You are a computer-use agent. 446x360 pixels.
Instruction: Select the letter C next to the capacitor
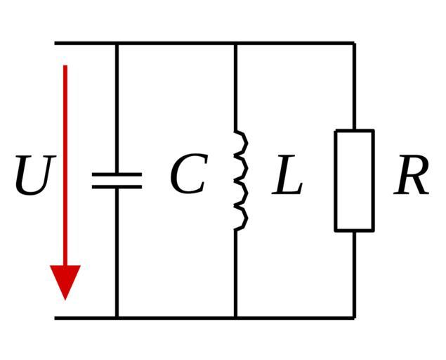pyautogui.click(x=188, y=176)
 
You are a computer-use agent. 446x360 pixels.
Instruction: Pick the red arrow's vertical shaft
pyautogui.click(x=65, y=162)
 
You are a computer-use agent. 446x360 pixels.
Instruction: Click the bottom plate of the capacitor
pyautogui.click(x=117, y=187)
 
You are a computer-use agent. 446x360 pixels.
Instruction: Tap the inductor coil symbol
pyautogui.click(x=240, y=180)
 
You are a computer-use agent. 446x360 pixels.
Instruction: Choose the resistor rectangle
pyautogui.click(x=354, y=180)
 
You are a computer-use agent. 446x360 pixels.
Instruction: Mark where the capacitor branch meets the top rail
pyautogui.click(x=117, y=44)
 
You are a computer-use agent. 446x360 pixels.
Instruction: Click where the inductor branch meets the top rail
pyautogui.click(x=235, y=44)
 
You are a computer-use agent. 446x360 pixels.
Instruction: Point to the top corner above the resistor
pyautogui.click(x=354, y=44)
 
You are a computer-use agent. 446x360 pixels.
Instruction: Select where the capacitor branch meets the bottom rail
pyautogui.click(x=117, y=317)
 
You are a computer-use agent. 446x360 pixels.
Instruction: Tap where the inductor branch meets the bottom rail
pyautogui.click(x=235, y=317)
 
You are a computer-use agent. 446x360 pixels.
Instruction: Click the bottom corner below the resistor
pyautogui.click(x=354, y=317)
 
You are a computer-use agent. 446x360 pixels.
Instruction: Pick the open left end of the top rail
pyautogui.click(x=56, y=44)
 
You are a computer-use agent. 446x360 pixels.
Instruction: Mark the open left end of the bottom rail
pyautogui.click(x=56, y=317)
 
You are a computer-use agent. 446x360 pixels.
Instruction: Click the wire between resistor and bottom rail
pyautogui.click(x=354, y=274)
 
